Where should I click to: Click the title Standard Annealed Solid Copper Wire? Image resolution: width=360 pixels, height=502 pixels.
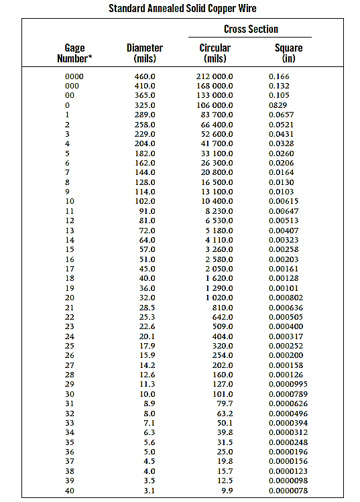click(182, 9)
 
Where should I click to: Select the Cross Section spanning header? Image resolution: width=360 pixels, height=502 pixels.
click(251, 29)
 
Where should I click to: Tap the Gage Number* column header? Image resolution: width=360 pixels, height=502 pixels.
click(74, 53)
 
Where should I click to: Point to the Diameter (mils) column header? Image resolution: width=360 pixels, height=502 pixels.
click(145, 53)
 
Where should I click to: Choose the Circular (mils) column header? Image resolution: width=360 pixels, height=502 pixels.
click(215, 53)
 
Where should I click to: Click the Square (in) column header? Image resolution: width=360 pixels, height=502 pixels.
click(289, 53)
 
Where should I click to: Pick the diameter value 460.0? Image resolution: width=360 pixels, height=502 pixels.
click(145, 77)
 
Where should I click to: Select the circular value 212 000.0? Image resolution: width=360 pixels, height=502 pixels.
click(215, 77)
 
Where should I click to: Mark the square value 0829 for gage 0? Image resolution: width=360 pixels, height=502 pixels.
click(278, 105)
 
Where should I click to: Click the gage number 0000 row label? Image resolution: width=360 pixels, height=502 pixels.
click(74, 77)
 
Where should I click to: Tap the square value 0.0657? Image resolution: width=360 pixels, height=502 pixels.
click(281, 115)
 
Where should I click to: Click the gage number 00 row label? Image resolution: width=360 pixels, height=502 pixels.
click(70, 96)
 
